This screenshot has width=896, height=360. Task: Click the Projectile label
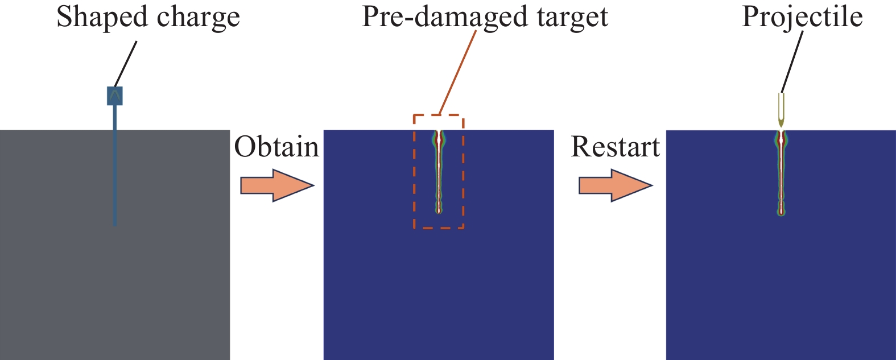pos(802,16)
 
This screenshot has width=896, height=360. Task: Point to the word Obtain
pos(276,147)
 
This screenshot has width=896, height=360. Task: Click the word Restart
pos(615,147)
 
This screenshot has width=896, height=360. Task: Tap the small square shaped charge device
pos(115,96)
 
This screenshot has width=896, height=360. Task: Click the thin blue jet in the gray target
pos(115,171)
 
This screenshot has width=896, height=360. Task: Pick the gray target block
pos(57,256)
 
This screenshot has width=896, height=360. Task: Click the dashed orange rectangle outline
pos(414,171)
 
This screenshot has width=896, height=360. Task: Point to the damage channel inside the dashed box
pos(439,171)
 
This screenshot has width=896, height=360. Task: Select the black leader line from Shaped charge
pos(126,63)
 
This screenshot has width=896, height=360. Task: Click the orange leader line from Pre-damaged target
pos(458,72)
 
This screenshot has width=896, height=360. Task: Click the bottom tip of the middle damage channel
pos(439,211)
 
